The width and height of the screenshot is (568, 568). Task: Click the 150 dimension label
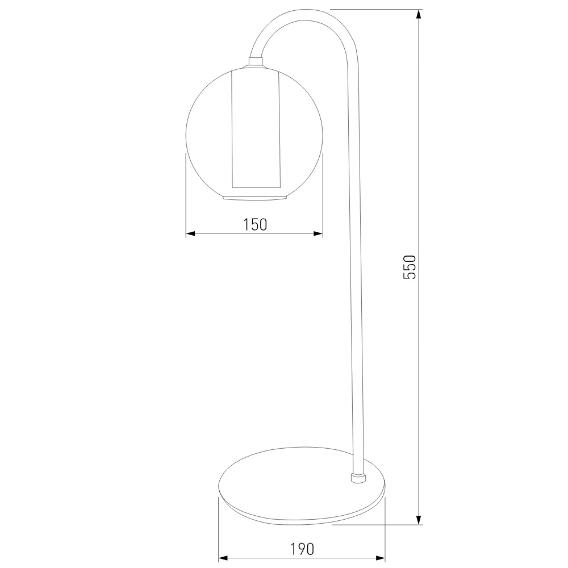click(x=255, y=224)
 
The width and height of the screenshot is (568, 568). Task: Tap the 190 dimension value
click(x=302, y=549)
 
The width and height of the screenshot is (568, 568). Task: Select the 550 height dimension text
click(x=410, y=267)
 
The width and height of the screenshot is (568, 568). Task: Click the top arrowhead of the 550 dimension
click(x=419, y=14)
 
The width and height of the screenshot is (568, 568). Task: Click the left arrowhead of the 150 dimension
click(x=190, y=233)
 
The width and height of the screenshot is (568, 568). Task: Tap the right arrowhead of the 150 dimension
click(x=319, y=233)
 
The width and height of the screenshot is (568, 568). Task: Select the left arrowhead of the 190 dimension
click(x=223, y=558)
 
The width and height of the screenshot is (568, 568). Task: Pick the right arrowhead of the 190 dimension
click(x=380, y=558)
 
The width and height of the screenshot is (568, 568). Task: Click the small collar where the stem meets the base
click(x=358, y=478)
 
